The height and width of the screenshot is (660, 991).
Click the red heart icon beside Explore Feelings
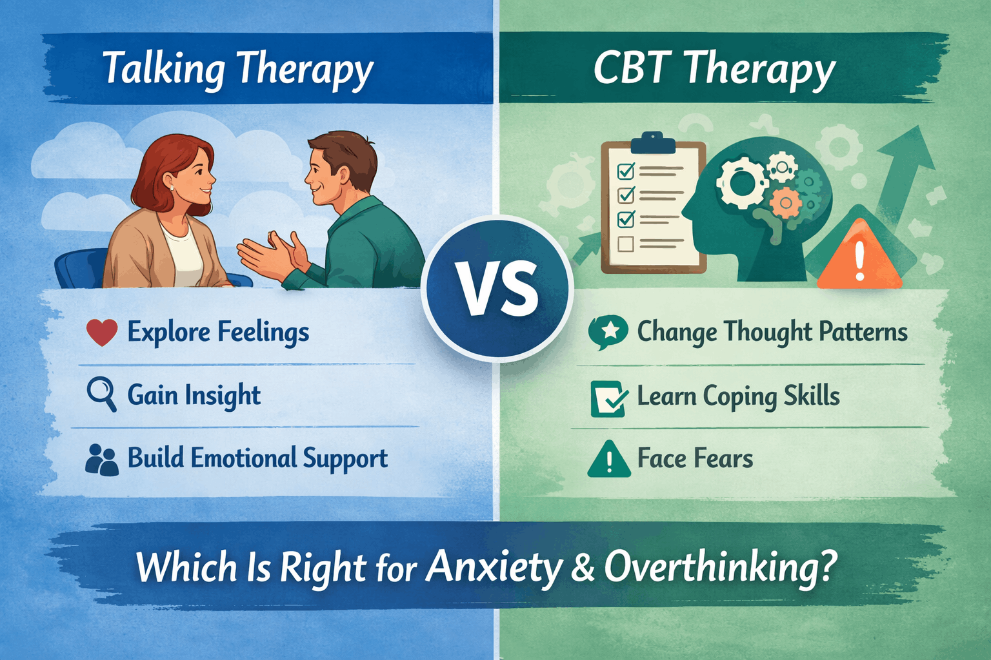coord(102,333)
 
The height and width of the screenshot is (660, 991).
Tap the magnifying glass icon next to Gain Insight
coord(101,394)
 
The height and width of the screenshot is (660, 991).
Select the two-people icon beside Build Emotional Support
coord(102,460)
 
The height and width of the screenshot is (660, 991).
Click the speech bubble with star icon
coord(608,332)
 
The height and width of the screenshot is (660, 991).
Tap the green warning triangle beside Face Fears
coord(608,460)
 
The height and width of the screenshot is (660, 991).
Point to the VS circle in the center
coord(497,288)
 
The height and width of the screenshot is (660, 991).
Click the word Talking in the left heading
coord(164,68)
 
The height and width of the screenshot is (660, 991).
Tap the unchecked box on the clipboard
coord(625,244)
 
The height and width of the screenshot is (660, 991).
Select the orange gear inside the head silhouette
coord(786,203)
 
